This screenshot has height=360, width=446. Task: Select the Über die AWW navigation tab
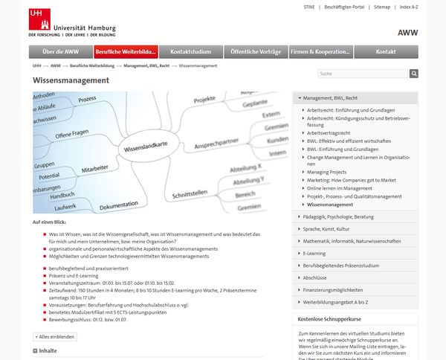point(60,52)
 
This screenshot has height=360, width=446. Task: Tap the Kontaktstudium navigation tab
point(190,52)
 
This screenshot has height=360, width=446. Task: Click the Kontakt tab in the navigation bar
point(385,52)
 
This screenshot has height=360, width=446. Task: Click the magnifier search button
point(414,74)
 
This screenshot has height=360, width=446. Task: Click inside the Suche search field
point(361,74)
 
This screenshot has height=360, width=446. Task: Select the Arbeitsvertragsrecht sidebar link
point(329,132)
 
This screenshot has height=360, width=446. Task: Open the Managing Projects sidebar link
point(327,172)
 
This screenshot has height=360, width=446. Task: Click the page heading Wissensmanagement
point(71,80)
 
